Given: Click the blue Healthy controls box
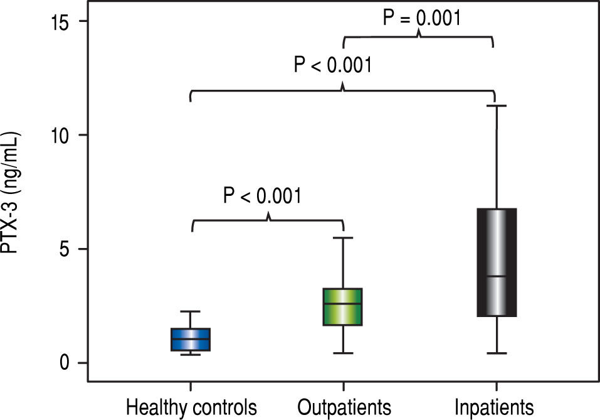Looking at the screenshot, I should (191, 340).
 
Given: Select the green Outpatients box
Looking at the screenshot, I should (343, 307).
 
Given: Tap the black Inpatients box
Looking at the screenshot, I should (496, 262).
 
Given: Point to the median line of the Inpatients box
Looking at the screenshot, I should (496, 276).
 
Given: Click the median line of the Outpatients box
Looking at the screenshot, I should (343, 304).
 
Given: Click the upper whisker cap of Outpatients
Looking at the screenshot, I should (343, 238).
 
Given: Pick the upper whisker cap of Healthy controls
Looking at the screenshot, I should (191, 311).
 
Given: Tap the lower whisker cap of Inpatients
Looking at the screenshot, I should (496, 353).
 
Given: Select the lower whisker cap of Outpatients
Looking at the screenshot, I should (343, 353).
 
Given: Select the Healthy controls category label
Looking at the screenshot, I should (191, 406).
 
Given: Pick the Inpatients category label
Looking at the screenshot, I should (495, 406).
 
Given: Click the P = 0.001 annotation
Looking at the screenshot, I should (422, 18).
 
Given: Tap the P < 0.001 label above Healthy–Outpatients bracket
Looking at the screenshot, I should (262, 195).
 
